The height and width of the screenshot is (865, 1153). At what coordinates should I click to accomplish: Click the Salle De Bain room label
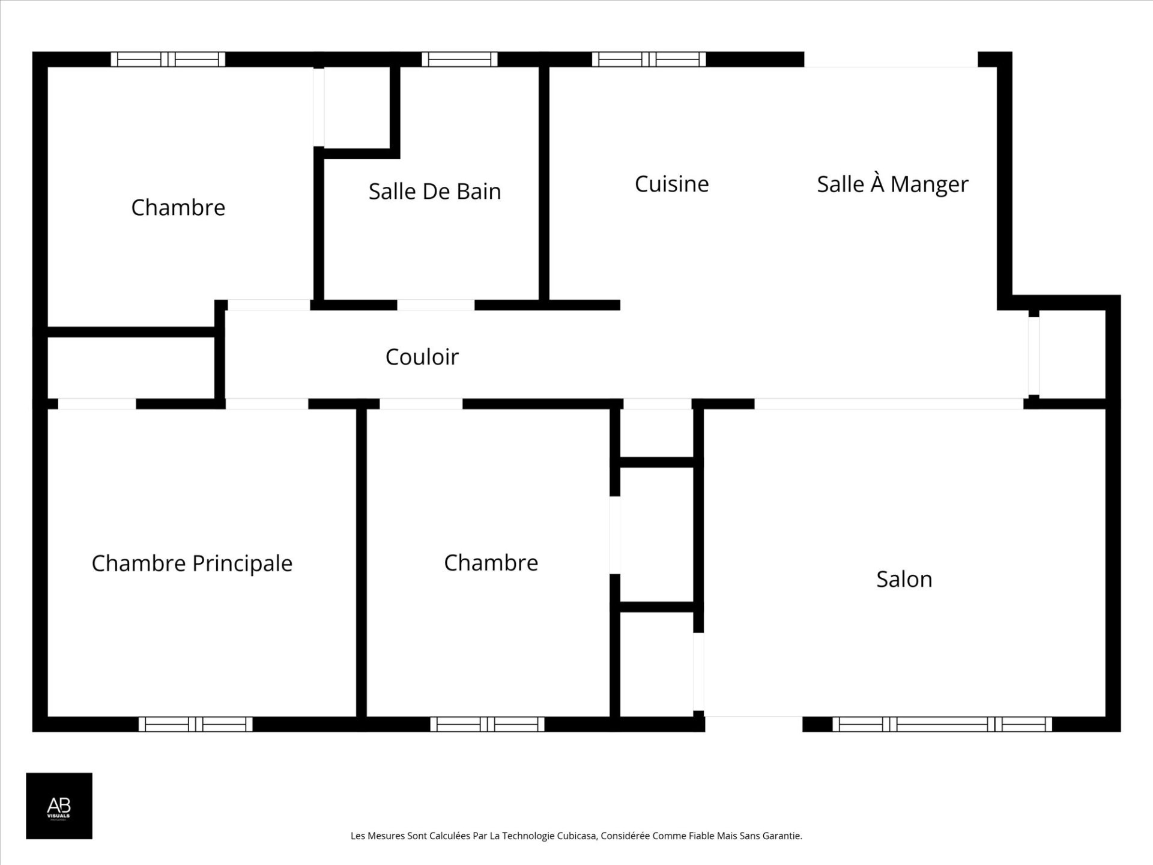click(435, 192)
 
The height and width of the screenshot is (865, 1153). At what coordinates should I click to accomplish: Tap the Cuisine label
click(671, 184)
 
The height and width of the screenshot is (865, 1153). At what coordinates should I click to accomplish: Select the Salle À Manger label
click(892, 184)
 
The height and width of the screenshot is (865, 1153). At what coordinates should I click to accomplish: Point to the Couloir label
click(422, 357)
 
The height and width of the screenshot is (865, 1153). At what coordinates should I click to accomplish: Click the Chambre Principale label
click(192, 563)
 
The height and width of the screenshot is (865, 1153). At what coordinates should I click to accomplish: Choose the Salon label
click(904, 579)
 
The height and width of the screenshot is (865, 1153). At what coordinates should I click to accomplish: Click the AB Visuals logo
click(59, 806)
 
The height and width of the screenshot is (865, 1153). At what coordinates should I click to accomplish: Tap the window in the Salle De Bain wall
click(459, 59)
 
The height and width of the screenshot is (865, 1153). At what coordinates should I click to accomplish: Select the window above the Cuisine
click(649, 59)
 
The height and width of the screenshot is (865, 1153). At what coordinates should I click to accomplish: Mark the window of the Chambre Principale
click(195, 724)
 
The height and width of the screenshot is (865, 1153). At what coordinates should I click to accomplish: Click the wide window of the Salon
click(942, 724)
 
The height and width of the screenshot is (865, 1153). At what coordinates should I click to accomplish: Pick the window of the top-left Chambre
click(168, 59)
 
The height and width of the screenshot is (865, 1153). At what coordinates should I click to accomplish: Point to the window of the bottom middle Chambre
click(487, 724)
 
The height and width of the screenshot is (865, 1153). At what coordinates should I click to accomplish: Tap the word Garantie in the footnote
click(781, 836)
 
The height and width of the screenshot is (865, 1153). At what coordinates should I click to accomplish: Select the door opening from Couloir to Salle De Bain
click(435, 305)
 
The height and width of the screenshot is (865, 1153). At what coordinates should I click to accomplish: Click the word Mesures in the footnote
click(385, 836)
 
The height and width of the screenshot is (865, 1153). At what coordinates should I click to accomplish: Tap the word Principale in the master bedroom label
click(242, 563)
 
